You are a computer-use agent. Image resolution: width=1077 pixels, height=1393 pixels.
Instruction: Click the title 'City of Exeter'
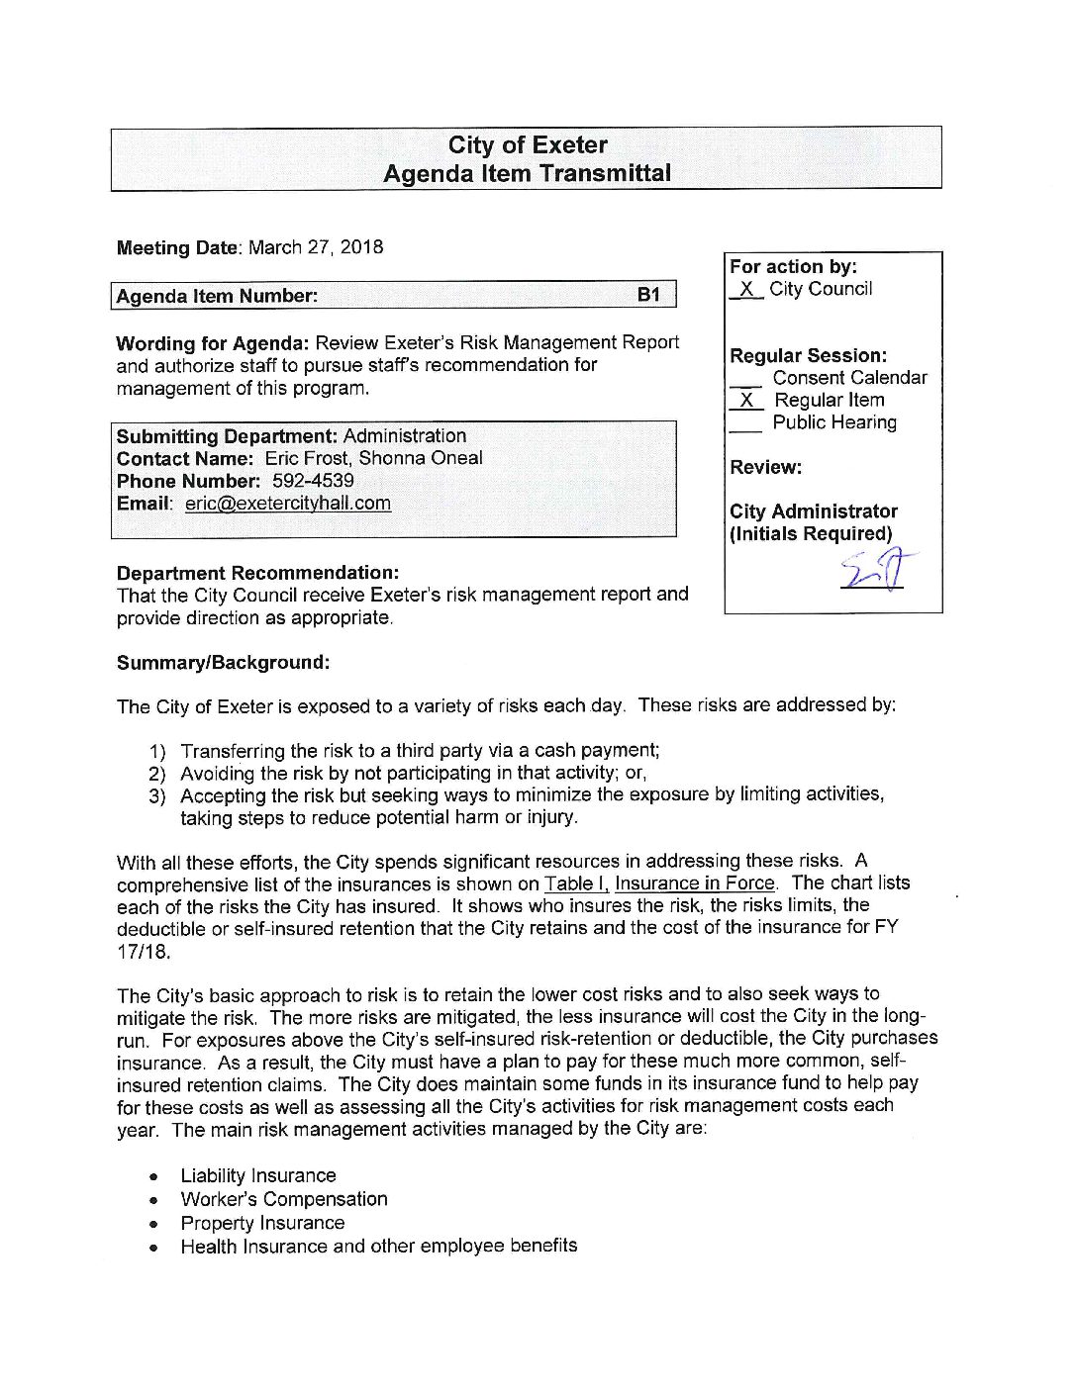pyautogui.click(x=528, y=145)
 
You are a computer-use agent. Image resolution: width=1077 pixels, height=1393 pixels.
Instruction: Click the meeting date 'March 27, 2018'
pyautogui.click(x=316, y=247)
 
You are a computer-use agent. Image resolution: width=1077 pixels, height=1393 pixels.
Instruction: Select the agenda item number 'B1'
pyautogui.click(x=648, y=295)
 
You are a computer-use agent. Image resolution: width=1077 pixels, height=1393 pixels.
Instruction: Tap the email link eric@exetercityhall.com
pyautogui.click(x=288, y=504)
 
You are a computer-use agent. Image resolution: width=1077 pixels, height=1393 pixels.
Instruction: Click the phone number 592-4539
pyautogui.click(x=313, y=481)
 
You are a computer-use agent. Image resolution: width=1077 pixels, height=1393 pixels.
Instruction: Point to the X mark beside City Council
pyautogui.click(x=746, y=290)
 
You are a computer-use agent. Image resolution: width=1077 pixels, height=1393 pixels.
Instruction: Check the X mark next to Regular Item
pyautogui.click(x=746, y=401)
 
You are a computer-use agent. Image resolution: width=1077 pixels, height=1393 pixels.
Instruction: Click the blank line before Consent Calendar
pyautogui.click(x=745, y=381)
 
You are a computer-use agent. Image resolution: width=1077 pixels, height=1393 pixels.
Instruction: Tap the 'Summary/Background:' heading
pyautogui.click(x=224, y=663)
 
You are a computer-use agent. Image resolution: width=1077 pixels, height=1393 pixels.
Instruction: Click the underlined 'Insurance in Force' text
pyautogui.click(x=695, y=883)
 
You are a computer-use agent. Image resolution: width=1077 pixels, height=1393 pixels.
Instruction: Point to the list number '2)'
pyautogui.click(x=157, y=774)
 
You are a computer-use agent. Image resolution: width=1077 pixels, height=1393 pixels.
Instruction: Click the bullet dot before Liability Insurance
pyautogui.click(x=153, y=1177)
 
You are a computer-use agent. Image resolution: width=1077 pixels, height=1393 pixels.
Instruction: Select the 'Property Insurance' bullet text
pyautogui.click(x=262, y=1223)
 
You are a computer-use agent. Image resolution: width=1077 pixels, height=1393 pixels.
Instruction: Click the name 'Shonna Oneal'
pyautogui.click(x=421, y=458)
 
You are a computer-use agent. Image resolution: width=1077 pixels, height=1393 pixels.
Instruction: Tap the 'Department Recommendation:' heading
pyautogui.click(x=258, y=573)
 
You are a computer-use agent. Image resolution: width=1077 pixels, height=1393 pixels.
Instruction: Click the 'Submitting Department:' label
pyautogui.click(x=228, y=436)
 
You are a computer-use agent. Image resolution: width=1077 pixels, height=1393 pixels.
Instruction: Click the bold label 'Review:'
pyautogui.click(x=766, y=467)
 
